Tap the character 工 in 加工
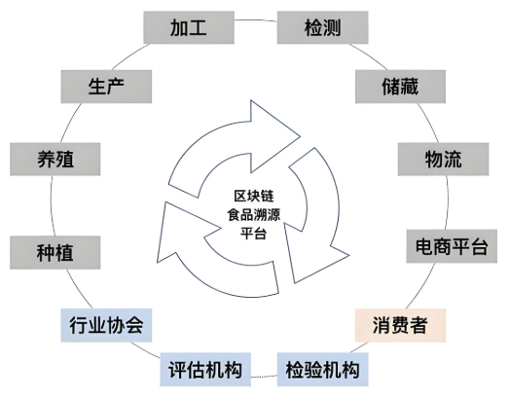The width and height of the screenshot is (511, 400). [x=201, y=27]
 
